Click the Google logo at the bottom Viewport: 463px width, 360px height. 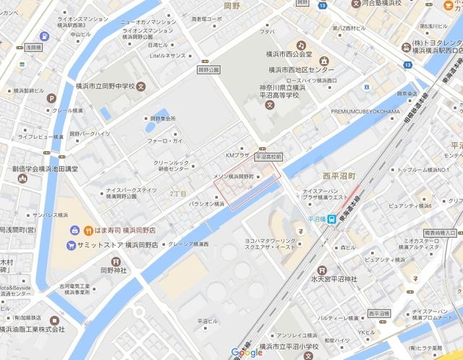point(247,353)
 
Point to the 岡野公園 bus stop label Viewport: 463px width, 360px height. point(207,71)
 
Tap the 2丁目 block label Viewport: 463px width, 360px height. point(177,194)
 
